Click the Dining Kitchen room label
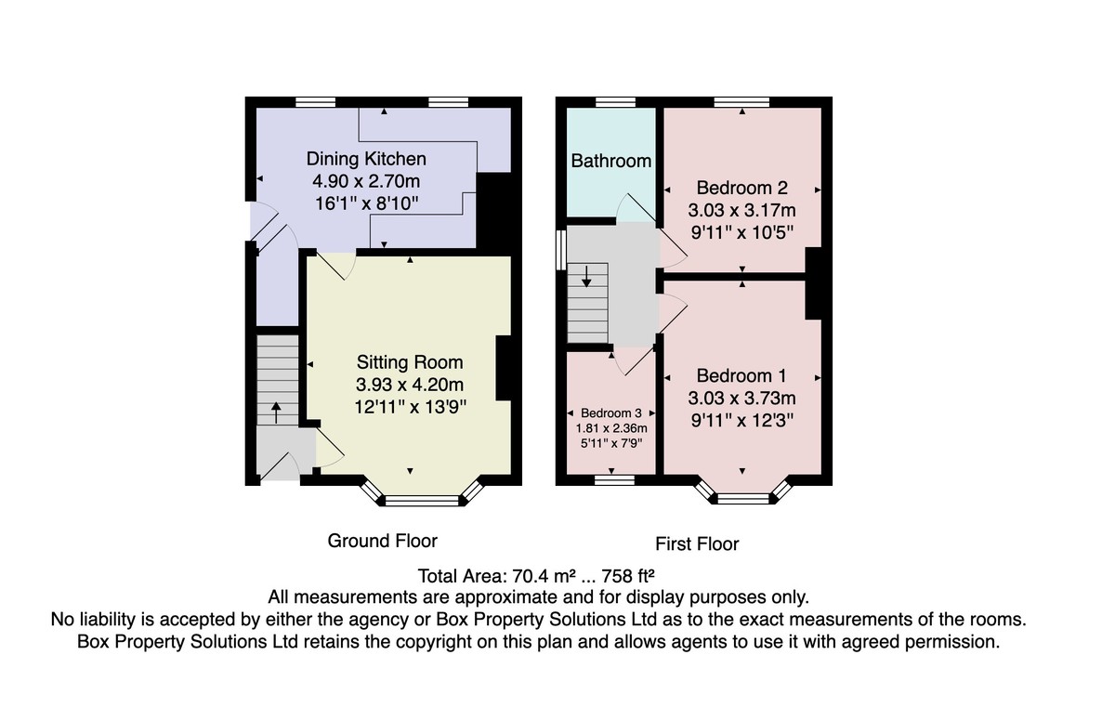(366, 159)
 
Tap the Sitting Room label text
(410, 362)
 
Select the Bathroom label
(610, 161)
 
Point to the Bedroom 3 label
(611, 412)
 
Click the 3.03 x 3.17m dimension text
(741, 211)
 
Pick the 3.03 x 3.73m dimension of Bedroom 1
(741, 398)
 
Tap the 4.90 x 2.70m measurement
(366, 181)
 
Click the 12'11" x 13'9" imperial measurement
(410, 408)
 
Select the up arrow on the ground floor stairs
(276, 412)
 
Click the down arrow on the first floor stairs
(587, 277)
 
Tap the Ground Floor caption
(382, 541)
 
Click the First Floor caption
(697, 543)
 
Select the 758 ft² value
(628, 576)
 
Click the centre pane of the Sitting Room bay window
(422, 500)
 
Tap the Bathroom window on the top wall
(616, 102)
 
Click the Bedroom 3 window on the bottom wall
(615, 479)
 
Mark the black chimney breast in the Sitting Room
(504, 368)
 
